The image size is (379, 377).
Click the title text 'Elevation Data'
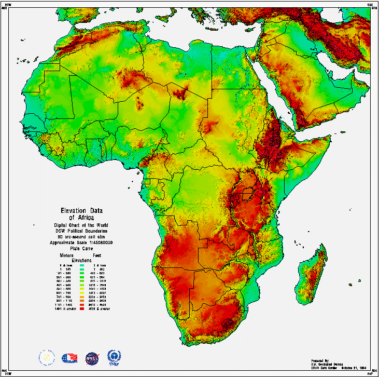click(82, 210)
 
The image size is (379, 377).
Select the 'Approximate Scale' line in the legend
click(81, 243)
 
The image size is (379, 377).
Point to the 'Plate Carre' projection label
click(81, 249)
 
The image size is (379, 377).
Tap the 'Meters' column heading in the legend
click(66, 255)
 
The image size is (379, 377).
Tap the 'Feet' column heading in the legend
click(96, 255)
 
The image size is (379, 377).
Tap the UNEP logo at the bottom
click(113, 357)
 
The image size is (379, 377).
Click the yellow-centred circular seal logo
click(47, 357)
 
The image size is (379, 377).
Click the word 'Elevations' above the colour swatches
click(81, 260)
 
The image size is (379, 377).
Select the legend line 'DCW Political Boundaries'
click(81, 231)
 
